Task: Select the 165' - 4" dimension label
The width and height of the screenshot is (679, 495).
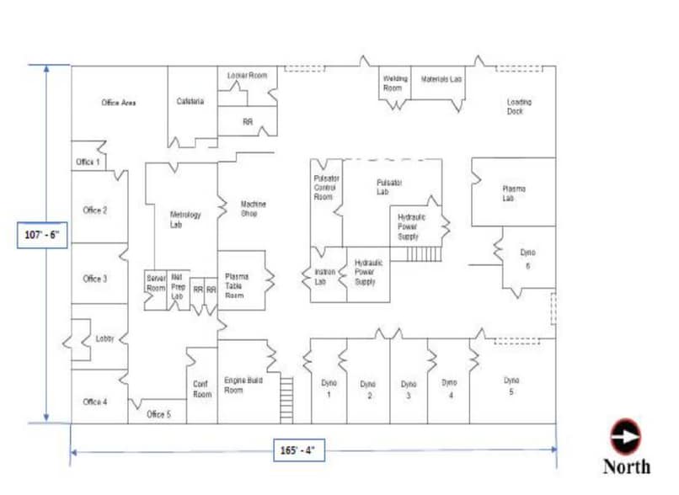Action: click(298, 450)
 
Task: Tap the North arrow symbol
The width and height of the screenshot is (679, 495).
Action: click(625, 437)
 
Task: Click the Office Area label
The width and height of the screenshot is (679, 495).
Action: click(118, 103)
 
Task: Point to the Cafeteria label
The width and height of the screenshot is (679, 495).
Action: click(190, 102)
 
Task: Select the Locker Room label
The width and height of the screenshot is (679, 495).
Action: click(247, 76)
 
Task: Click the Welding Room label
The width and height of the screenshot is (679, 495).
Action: click(394, 83)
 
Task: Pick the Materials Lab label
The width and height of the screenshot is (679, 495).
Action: click(441, 79)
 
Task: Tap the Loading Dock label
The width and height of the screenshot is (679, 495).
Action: click(519, 107)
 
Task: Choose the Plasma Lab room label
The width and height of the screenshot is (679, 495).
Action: click(514, 194)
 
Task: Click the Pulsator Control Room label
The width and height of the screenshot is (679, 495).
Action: click(324, 187)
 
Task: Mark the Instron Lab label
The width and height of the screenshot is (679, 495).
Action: click(325, 277)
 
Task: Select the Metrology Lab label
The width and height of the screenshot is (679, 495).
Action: click(185, 220)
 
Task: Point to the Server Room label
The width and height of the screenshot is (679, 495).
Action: click(156, 283)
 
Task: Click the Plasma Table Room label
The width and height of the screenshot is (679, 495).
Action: click(236, 286)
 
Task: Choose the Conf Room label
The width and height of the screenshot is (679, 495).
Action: click(201, 389)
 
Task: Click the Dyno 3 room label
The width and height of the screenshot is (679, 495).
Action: click(409, 389)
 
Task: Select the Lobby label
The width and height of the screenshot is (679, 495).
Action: click(104, 338)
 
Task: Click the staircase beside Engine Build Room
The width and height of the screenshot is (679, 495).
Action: click(286, 400)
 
